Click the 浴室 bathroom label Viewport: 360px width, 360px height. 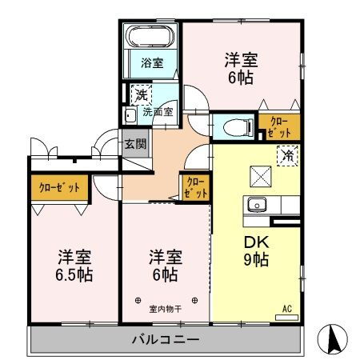tap(153, 62)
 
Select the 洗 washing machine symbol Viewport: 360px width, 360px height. tap(140, 93)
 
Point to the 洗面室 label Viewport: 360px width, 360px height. tap(158, 112)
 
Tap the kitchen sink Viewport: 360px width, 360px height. tap(258, 203)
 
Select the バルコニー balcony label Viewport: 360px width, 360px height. tap(166, 339)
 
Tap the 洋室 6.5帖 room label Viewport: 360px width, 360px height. tap(74, 266)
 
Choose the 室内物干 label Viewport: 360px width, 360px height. tap(165, 307)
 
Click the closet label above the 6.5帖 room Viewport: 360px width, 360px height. tap(60, 187)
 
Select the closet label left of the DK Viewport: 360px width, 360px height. tap(196, 187)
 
